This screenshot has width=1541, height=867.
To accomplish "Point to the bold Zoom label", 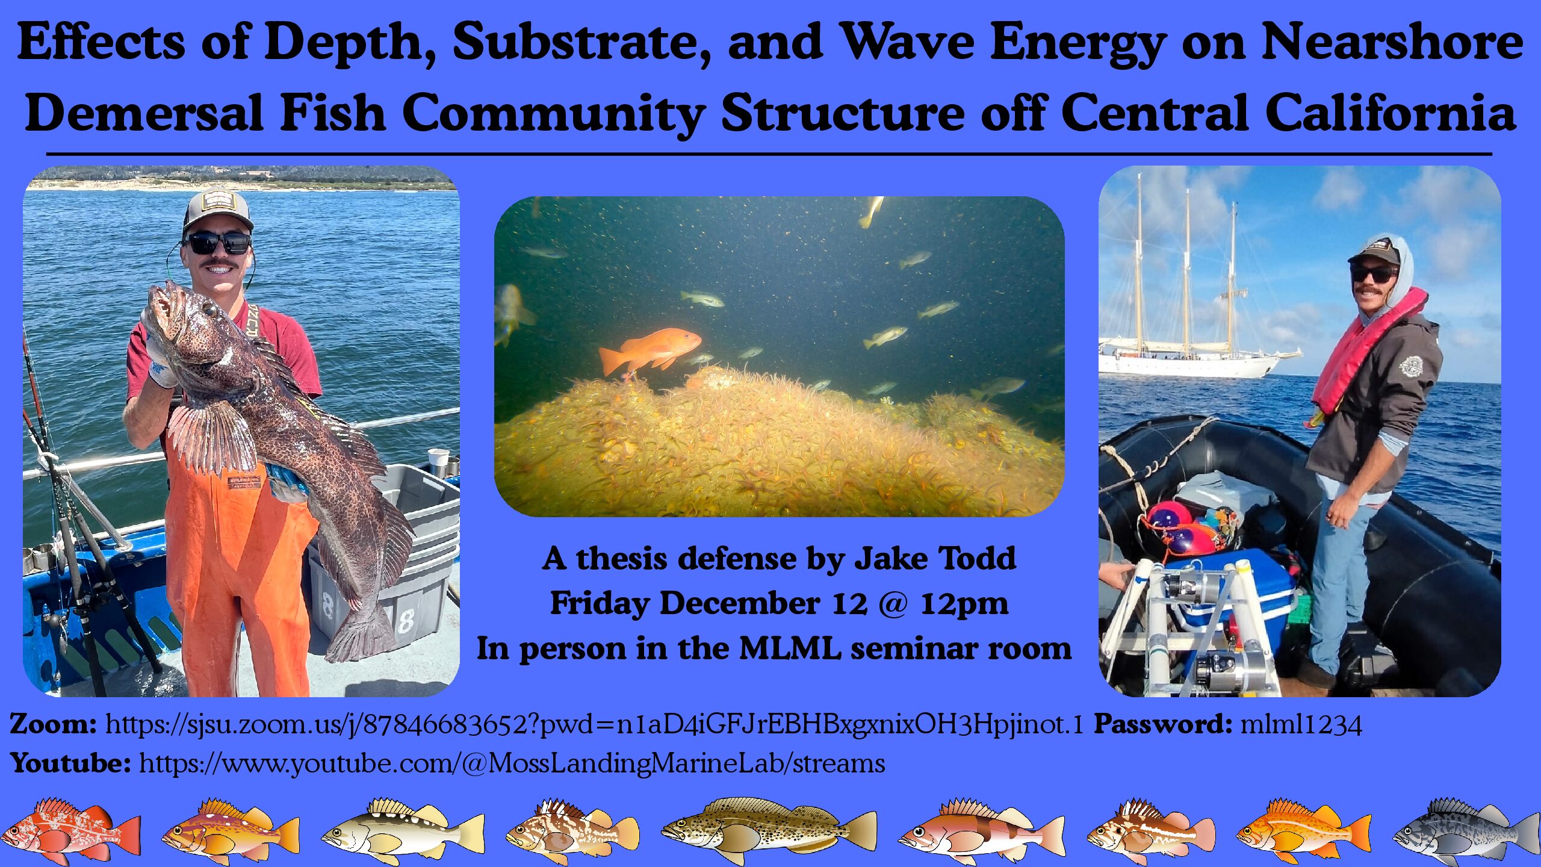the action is pyautogui.click(x=53, y=724).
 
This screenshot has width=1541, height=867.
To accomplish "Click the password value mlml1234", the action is pyautogui.click(x=1301, y=725).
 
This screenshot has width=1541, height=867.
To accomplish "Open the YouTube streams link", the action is pyautogui.click(x=512, y=763).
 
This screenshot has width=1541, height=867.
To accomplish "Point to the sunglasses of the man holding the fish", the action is pyautogui.click(x=218, y=243).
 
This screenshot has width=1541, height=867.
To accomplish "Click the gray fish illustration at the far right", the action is pyautogui.click(x=1466, y=831).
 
